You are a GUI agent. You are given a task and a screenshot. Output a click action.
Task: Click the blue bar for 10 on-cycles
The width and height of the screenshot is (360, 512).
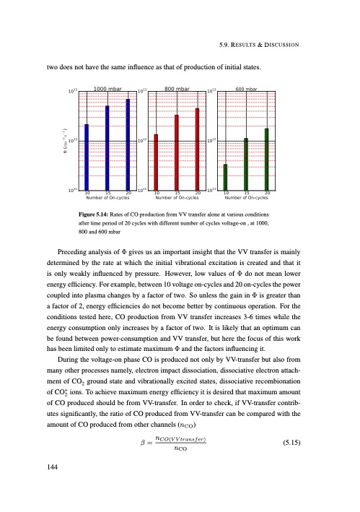tap(87, 157)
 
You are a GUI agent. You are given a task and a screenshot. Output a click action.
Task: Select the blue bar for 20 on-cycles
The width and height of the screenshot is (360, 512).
tap(128, 144)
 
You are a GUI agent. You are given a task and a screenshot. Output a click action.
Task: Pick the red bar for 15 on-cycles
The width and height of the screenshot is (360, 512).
tap(177, 152)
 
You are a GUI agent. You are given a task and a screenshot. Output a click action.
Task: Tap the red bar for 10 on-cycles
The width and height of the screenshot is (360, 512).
tap(156, 162)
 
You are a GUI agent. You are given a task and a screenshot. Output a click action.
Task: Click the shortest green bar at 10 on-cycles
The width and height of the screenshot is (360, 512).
tap(225, 177)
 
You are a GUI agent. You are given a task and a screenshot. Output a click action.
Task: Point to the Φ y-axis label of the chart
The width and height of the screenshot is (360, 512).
tap(66, 140)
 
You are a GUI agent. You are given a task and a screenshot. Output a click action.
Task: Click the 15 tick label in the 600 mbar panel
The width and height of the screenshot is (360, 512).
tap(246, 193)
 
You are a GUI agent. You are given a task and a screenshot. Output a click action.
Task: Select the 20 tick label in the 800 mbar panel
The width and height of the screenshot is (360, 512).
tap(198, 193)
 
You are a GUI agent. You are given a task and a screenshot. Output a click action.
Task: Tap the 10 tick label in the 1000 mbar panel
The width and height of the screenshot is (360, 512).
tap(87, 193)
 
